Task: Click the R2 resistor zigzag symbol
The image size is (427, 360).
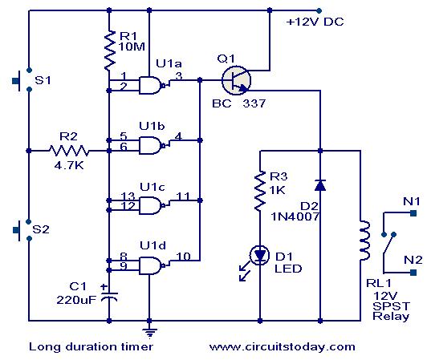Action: [x=68, y=150]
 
